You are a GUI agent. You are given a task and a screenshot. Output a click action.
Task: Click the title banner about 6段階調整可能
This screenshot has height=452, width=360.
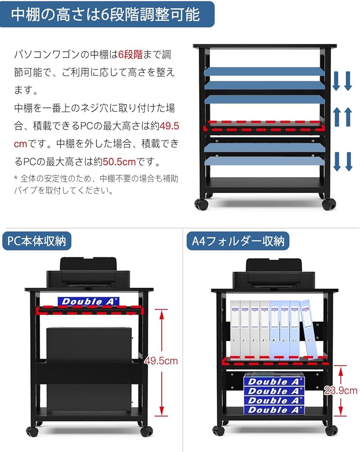tap(107, 14)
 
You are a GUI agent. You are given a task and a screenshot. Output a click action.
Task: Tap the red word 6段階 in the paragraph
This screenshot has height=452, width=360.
tap(131, 55)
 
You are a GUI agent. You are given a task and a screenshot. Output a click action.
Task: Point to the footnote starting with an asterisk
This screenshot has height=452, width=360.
tap(95, 184)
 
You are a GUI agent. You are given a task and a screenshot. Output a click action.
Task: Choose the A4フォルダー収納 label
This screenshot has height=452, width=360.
tap(238, 241)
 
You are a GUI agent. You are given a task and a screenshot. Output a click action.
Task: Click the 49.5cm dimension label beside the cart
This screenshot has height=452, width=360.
tap(161, 361)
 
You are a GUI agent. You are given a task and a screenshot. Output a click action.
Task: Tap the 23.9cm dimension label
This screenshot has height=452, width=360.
tap(341, 391)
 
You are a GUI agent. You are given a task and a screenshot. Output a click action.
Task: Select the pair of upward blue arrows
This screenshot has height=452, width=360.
tap(342, 117)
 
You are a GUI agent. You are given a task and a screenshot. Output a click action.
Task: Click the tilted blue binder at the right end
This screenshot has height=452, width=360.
tap(309, 329)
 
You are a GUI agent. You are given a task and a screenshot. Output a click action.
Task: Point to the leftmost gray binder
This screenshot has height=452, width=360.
tap(235, 329)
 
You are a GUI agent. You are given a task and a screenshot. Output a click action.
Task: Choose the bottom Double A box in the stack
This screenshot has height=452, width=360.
tap(274, 410)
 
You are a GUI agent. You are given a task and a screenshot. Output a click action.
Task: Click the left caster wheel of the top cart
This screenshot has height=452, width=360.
tap(201, 204)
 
